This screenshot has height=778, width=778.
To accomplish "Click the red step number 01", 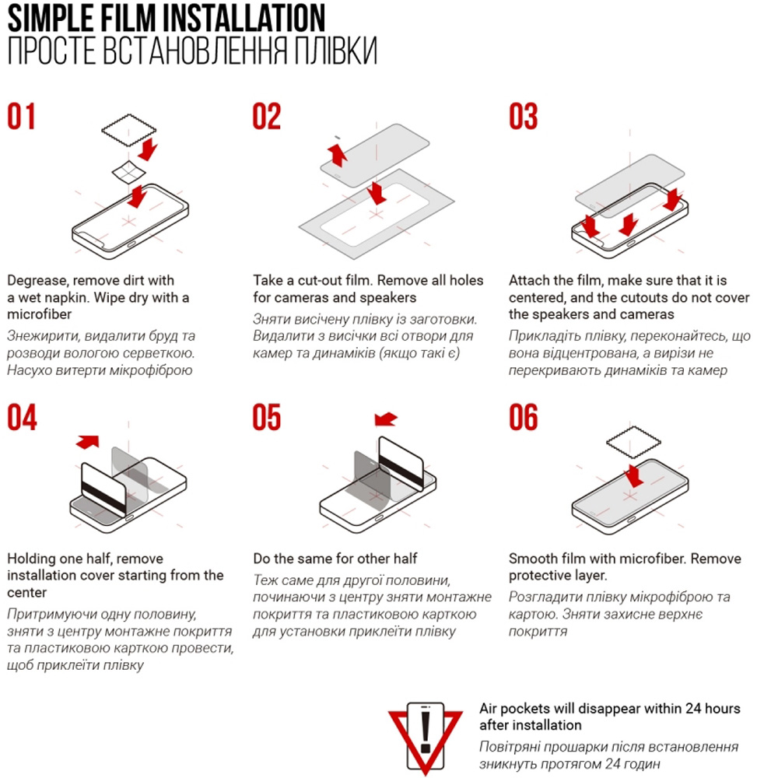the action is click(21, 116).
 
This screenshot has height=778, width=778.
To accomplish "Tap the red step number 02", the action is click(266, 116).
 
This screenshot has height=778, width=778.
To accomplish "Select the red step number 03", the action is click(523, 116).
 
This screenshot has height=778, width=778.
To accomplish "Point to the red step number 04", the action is click(22, 417).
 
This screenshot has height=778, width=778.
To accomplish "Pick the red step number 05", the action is click(266, 417).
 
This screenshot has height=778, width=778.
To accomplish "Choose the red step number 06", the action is click(523, 417).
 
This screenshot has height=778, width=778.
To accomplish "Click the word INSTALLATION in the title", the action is click(244, 18).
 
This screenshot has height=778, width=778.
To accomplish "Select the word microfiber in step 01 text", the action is click(39, 314).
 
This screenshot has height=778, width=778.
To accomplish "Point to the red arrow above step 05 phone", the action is click(386, 419).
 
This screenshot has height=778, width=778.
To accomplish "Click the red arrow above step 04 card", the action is click(88, 442).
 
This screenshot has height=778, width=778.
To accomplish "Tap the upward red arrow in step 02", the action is click(338, 154).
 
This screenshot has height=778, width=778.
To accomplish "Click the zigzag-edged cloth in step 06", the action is click(633, 442).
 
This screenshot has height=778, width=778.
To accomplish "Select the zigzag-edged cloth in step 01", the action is click(129, 130).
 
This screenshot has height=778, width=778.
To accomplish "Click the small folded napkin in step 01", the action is click(128, 172).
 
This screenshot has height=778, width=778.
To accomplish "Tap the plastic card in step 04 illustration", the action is click(103, 489).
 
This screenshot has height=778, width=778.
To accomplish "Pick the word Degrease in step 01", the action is click(37, 281).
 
